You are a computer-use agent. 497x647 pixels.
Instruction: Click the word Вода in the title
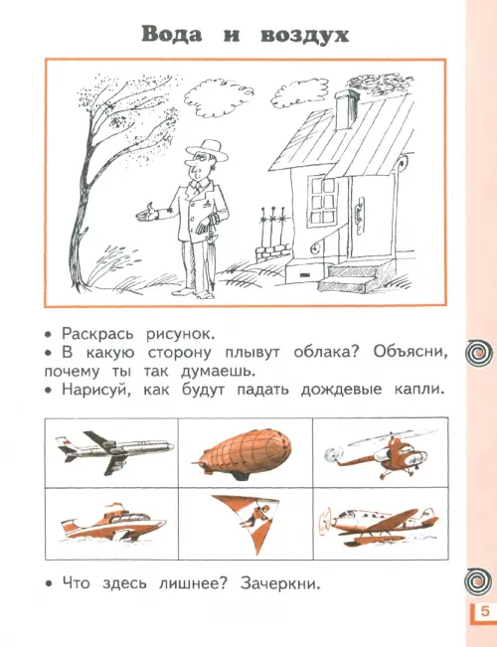(172, 35)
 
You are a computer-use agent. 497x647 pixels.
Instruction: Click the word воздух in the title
(305, 36)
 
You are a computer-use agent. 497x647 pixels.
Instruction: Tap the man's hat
(208, 150)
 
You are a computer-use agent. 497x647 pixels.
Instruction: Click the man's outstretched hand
(146, 213)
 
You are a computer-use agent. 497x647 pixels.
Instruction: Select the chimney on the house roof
(346, 109)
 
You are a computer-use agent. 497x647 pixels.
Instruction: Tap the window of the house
(323, 200)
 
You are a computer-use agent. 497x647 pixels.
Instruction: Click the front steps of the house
(351, 276)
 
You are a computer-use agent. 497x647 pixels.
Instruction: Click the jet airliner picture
(114, 452)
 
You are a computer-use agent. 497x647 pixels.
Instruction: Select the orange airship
(243, 454)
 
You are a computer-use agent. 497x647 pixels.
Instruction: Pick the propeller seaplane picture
(378, 523)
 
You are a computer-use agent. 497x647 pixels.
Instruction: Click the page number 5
(485, 610)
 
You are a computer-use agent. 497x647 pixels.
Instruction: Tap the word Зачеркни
(280, 583)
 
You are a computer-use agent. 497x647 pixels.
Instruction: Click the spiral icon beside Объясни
(479, 353)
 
